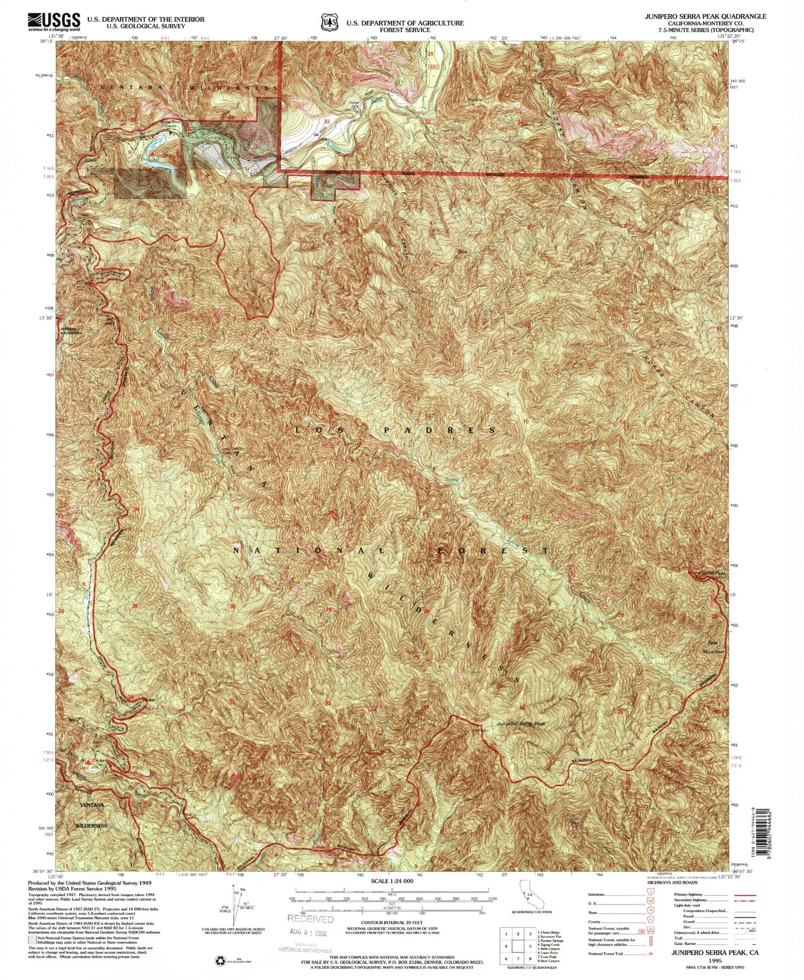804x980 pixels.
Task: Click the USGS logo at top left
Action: (x=54, y=21)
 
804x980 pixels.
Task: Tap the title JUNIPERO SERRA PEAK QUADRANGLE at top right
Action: (x=705, y=16)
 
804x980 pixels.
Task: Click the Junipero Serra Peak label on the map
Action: (x=521, y=723)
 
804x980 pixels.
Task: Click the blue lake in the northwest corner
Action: (x=155, y=144)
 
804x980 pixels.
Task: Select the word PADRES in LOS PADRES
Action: (x=440, y=430)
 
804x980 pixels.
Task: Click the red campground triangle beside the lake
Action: (x=152, y=153)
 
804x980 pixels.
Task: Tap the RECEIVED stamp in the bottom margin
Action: (x=310, y=919)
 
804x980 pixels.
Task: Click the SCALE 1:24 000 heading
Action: (x=392, y=881)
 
